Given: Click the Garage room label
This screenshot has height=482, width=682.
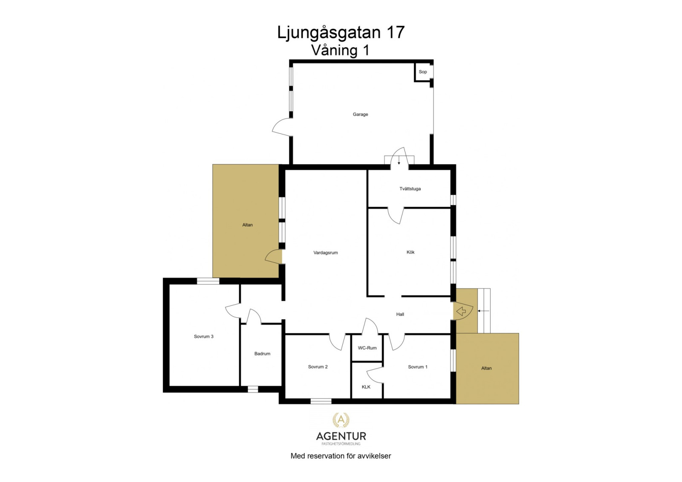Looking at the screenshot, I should click(360, 114).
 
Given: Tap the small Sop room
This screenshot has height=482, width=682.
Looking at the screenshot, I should click(422, 72).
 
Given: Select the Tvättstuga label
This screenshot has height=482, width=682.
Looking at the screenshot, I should click(410, 188).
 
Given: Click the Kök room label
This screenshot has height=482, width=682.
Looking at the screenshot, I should click(410, 252).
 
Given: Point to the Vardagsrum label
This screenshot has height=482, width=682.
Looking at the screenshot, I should click(326, 252).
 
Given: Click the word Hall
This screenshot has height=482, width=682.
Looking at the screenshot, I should click(400, 314).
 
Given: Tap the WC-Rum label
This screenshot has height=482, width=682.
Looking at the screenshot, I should click(367, 348).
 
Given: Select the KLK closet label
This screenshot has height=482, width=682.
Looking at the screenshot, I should click(366, 387).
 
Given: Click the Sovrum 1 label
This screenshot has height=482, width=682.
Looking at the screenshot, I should click(417, 367).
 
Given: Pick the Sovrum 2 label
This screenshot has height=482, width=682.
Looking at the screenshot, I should click(318, 367).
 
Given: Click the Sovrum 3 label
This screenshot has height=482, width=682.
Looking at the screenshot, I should click(203, 336).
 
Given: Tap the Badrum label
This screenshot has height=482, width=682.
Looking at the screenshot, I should click(262, 353).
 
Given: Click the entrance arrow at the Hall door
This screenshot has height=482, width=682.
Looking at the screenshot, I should click(461, 312).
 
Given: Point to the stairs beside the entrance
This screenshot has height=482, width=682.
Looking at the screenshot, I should click(484, 311).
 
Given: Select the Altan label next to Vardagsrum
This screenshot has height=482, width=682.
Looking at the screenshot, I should click(247, 225).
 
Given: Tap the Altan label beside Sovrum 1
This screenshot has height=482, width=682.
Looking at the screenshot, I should click(486, 368).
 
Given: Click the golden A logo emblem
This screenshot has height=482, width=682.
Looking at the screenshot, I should click(341, 420).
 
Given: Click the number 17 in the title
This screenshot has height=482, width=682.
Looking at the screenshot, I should click(395, 32).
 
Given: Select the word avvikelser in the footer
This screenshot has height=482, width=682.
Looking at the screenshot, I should click(374, 456).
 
